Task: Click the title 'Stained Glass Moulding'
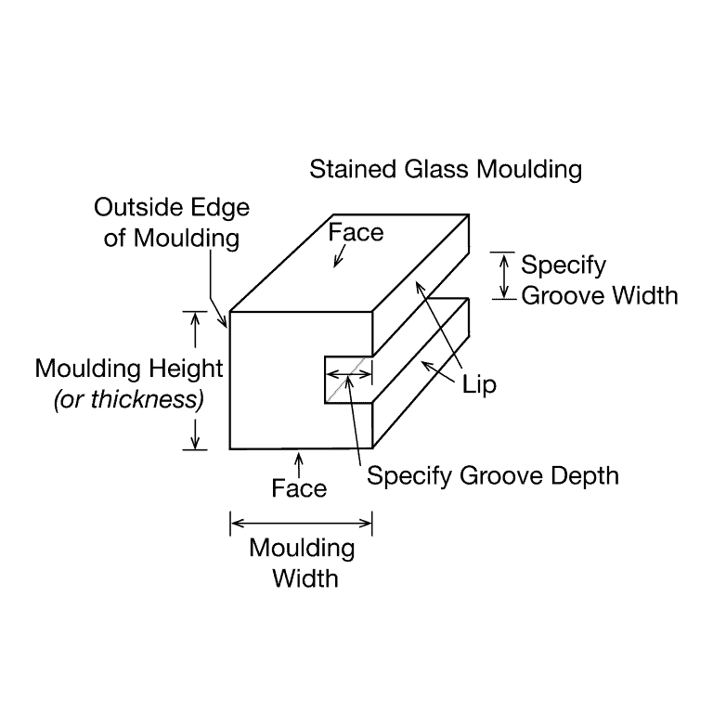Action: [x=446, y=170]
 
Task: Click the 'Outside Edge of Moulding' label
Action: [x=172, y=223]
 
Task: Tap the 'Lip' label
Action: [x=479, y=384]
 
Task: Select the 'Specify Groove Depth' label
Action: [x=493, y=476]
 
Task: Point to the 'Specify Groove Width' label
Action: [x=600, y=280]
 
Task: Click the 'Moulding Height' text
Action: [x=129, y=369]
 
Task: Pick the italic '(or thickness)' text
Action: [x=129, y=400]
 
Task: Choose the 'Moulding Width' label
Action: [x=303, y=563]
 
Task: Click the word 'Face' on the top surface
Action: [x=356, y=232]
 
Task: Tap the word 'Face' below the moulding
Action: [x=299, y=489]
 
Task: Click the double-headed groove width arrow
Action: [x=503, y=276]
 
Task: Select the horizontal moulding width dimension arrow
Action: [x=301, y=524]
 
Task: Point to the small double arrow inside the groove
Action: [x=349, y=374]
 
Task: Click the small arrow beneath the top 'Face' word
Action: [x=339, y=256]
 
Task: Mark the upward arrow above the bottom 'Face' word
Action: [x=299, y=464]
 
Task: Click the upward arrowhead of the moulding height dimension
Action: [x=195, y=318]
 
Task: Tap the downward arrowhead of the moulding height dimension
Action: [x=195, y=443]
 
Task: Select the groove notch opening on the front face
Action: [x=348, y=380]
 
